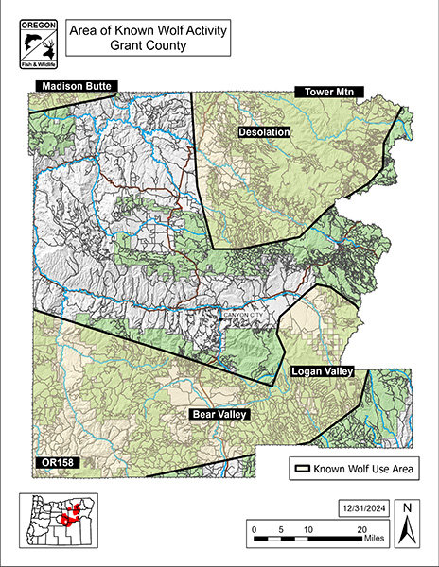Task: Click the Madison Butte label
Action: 75,87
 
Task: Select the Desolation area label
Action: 264,133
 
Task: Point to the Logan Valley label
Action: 321,372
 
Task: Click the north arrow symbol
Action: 406,524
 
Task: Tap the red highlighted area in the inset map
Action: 68,518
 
